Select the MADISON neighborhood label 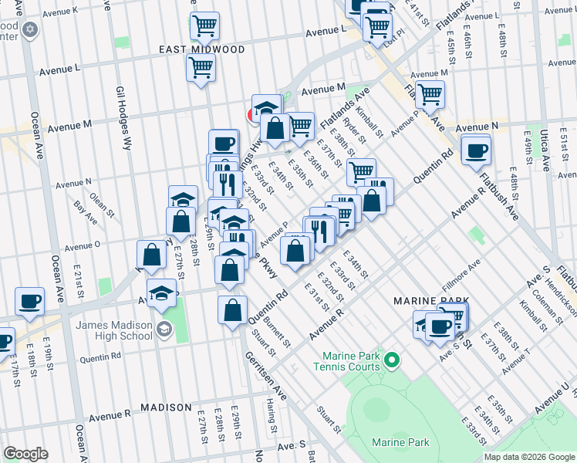tap(166, 407)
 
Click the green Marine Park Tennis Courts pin tap(392, 360)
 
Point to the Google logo tap(25, 454)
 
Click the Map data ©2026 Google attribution tap(528, 457)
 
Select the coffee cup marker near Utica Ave tap(477, 150)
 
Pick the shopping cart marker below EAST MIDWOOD tap(201, 68)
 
